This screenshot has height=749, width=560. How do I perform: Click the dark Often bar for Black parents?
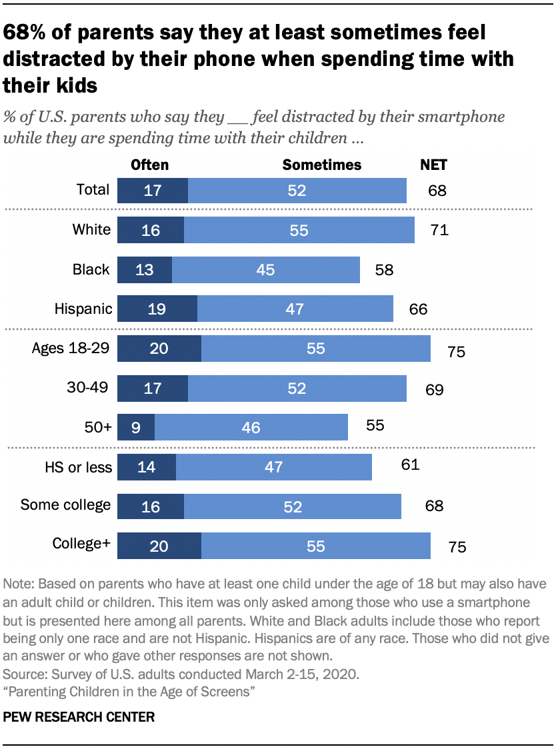(144, 270)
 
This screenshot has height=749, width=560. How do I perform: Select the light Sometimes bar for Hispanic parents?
(295, 309)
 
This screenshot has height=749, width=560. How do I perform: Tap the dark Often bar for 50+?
(136, 427)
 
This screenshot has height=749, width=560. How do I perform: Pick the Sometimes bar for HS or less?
(273, 467)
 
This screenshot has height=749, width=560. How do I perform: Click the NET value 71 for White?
(439, 231)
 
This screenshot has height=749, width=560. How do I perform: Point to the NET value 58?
(385, 270)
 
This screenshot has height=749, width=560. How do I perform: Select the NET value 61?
(409, 464)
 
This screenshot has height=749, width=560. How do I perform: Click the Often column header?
(149, 165)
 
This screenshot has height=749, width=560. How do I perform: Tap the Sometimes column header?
(322, 165)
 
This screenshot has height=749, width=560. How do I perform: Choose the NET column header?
(433, 165)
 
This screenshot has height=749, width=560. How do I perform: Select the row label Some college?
(65, 504)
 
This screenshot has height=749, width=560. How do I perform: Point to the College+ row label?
(81, 544)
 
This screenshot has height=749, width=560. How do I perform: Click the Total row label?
(93, 189)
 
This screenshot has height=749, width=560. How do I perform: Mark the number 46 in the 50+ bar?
(251, 427)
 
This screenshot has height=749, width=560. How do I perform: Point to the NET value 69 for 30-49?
(434, 389)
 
